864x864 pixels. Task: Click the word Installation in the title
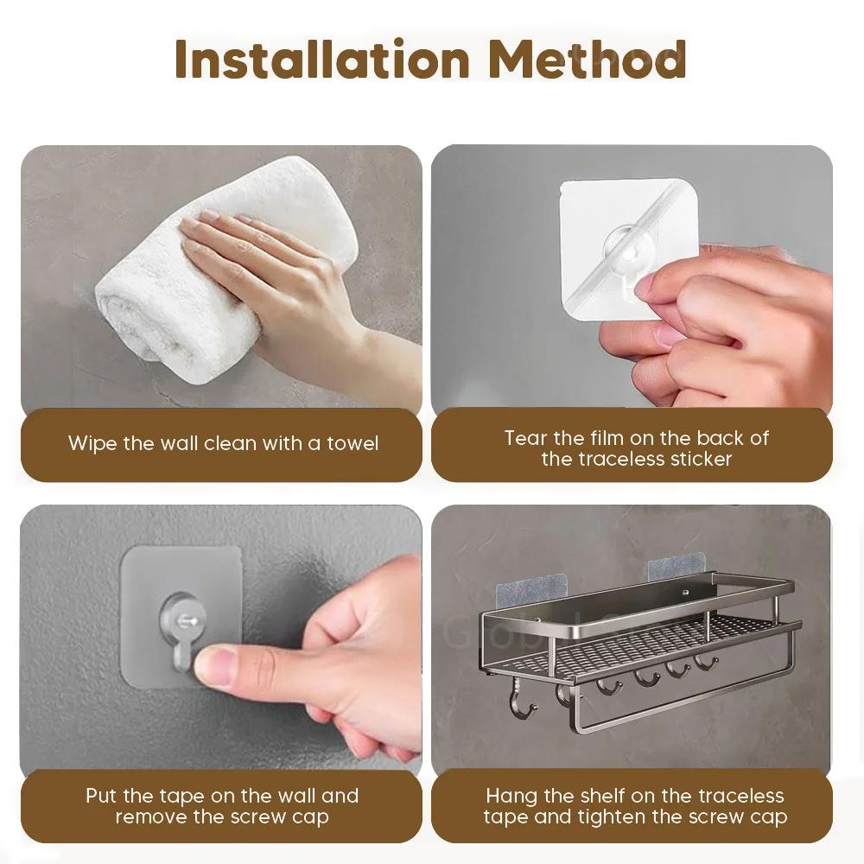click(x=322, y=59)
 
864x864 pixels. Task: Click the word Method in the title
click(x=588, y=59)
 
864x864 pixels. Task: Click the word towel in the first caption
click(x=353, y=443)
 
